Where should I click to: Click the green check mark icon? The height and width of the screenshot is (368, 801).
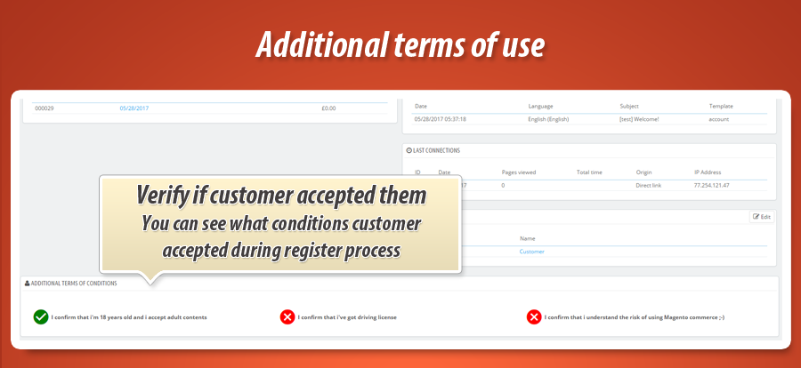[41, 316]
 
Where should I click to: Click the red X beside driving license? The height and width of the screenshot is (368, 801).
[287, 316]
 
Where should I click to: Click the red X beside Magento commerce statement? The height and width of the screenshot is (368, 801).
[534, 316]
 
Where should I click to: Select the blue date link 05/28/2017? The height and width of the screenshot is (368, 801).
[133, 108]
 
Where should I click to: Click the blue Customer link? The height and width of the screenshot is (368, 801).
[531, 252]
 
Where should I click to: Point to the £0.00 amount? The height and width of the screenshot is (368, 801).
[328, 108]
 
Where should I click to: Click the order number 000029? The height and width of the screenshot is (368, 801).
[45, 108]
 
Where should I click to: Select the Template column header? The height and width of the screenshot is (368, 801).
[721, 106]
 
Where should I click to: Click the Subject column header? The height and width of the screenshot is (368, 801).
[629, 106]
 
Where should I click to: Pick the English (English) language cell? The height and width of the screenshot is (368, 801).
[549, 118]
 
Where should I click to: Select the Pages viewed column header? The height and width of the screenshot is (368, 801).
[519, 172]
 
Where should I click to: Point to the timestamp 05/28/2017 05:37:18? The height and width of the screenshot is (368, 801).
[441, 118]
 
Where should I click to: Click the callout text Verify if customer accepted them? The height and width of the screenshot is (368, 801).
[281, 195]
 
